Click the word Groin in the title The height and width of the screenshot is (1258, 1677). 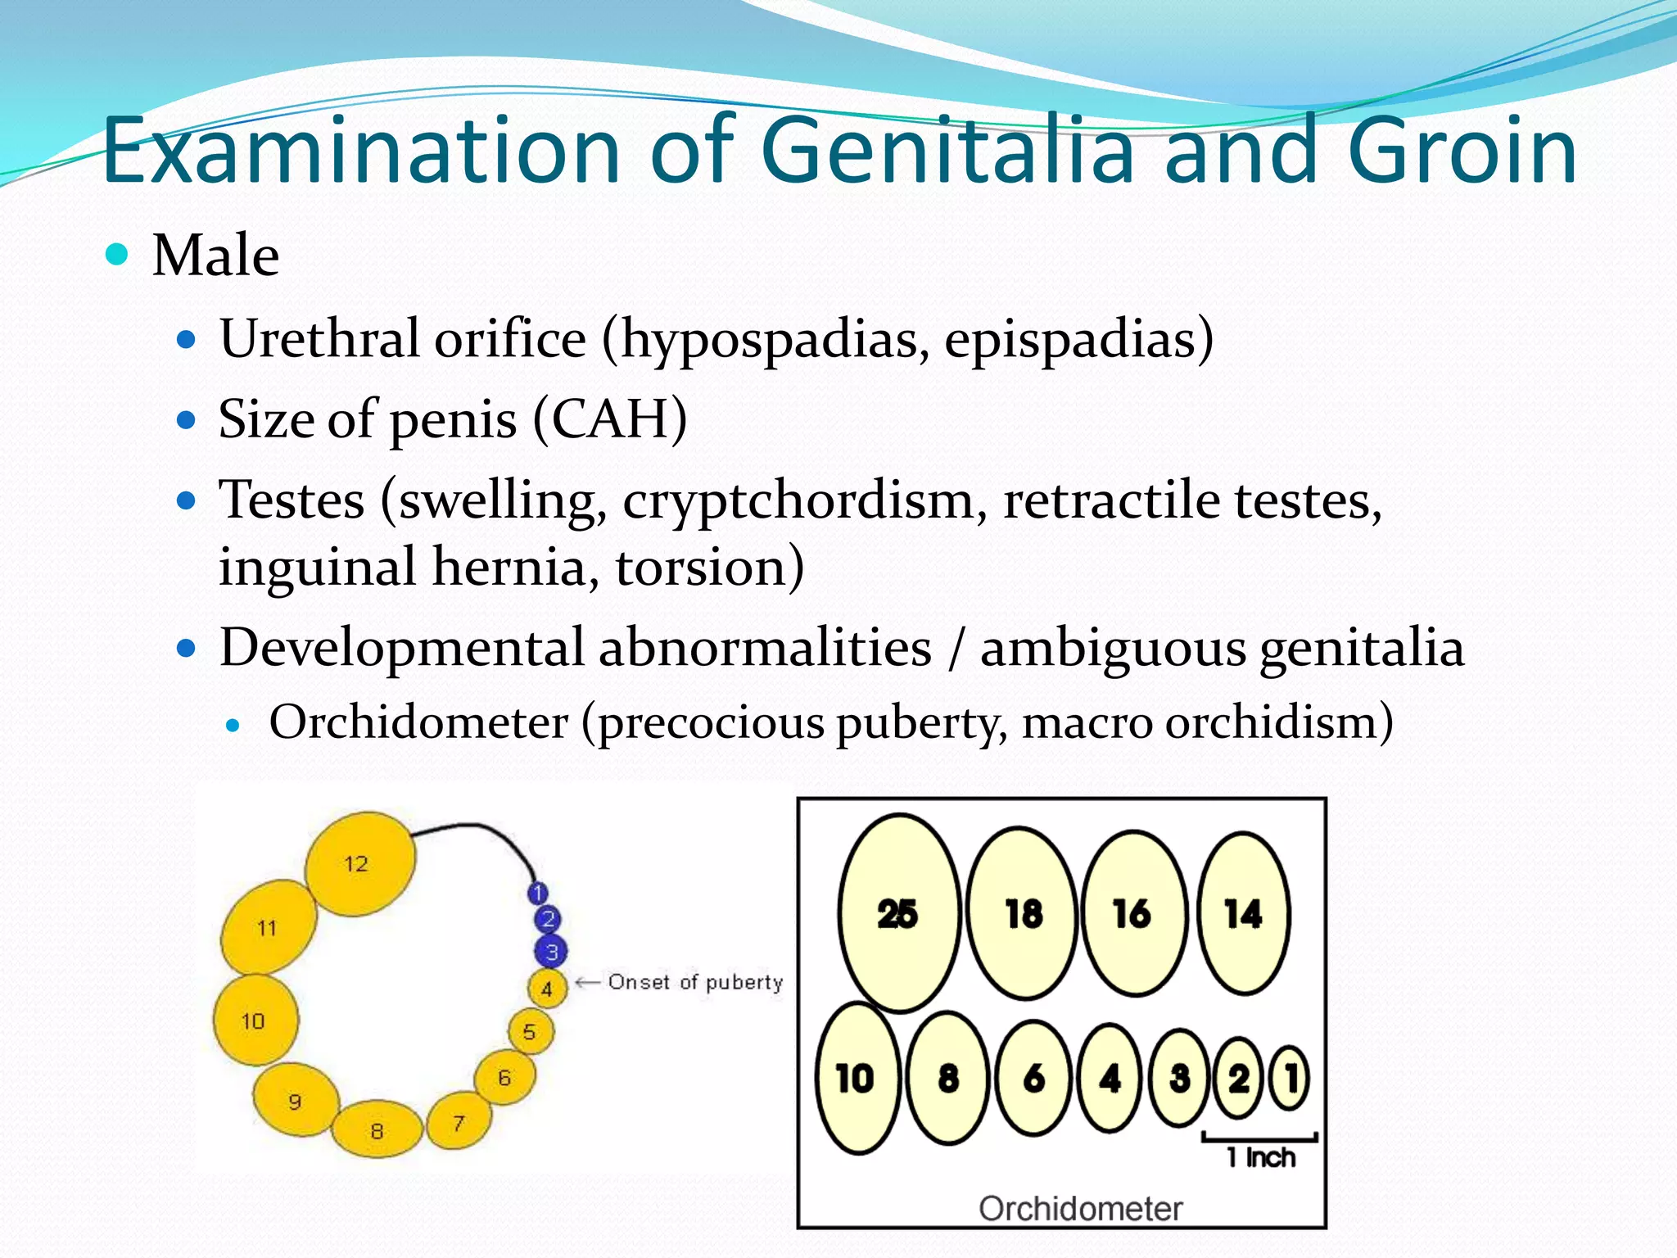point(1462,152)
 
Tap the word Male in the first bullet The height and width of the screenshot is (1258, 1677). point(215,256)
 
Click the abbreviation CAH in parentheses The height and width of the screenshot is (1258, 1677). point(610,420)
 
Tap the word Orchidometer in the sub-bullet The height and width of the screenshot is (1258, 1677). point(418,722)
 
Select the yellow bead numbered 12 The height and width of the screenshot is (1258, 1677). point(359,863)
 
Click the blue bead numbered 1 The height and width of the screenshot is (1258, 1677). point(538,893)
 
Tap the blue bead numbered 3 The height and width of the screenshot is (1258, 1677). point(551,952)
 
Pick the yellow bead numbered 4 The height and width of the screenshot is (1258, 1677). point(546,989)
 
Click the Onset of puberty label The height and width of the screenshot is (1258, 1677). point(695,982)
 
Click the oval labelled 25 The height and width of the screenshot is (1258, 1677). point(898,912)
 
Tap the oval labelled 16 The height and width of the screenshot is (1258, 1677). point(1133,912)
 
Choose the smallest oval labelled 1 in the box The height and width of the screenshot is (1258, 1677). point(1291,1078)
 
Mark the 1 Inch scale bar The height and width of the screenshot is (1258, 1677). point(1259,1138)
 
